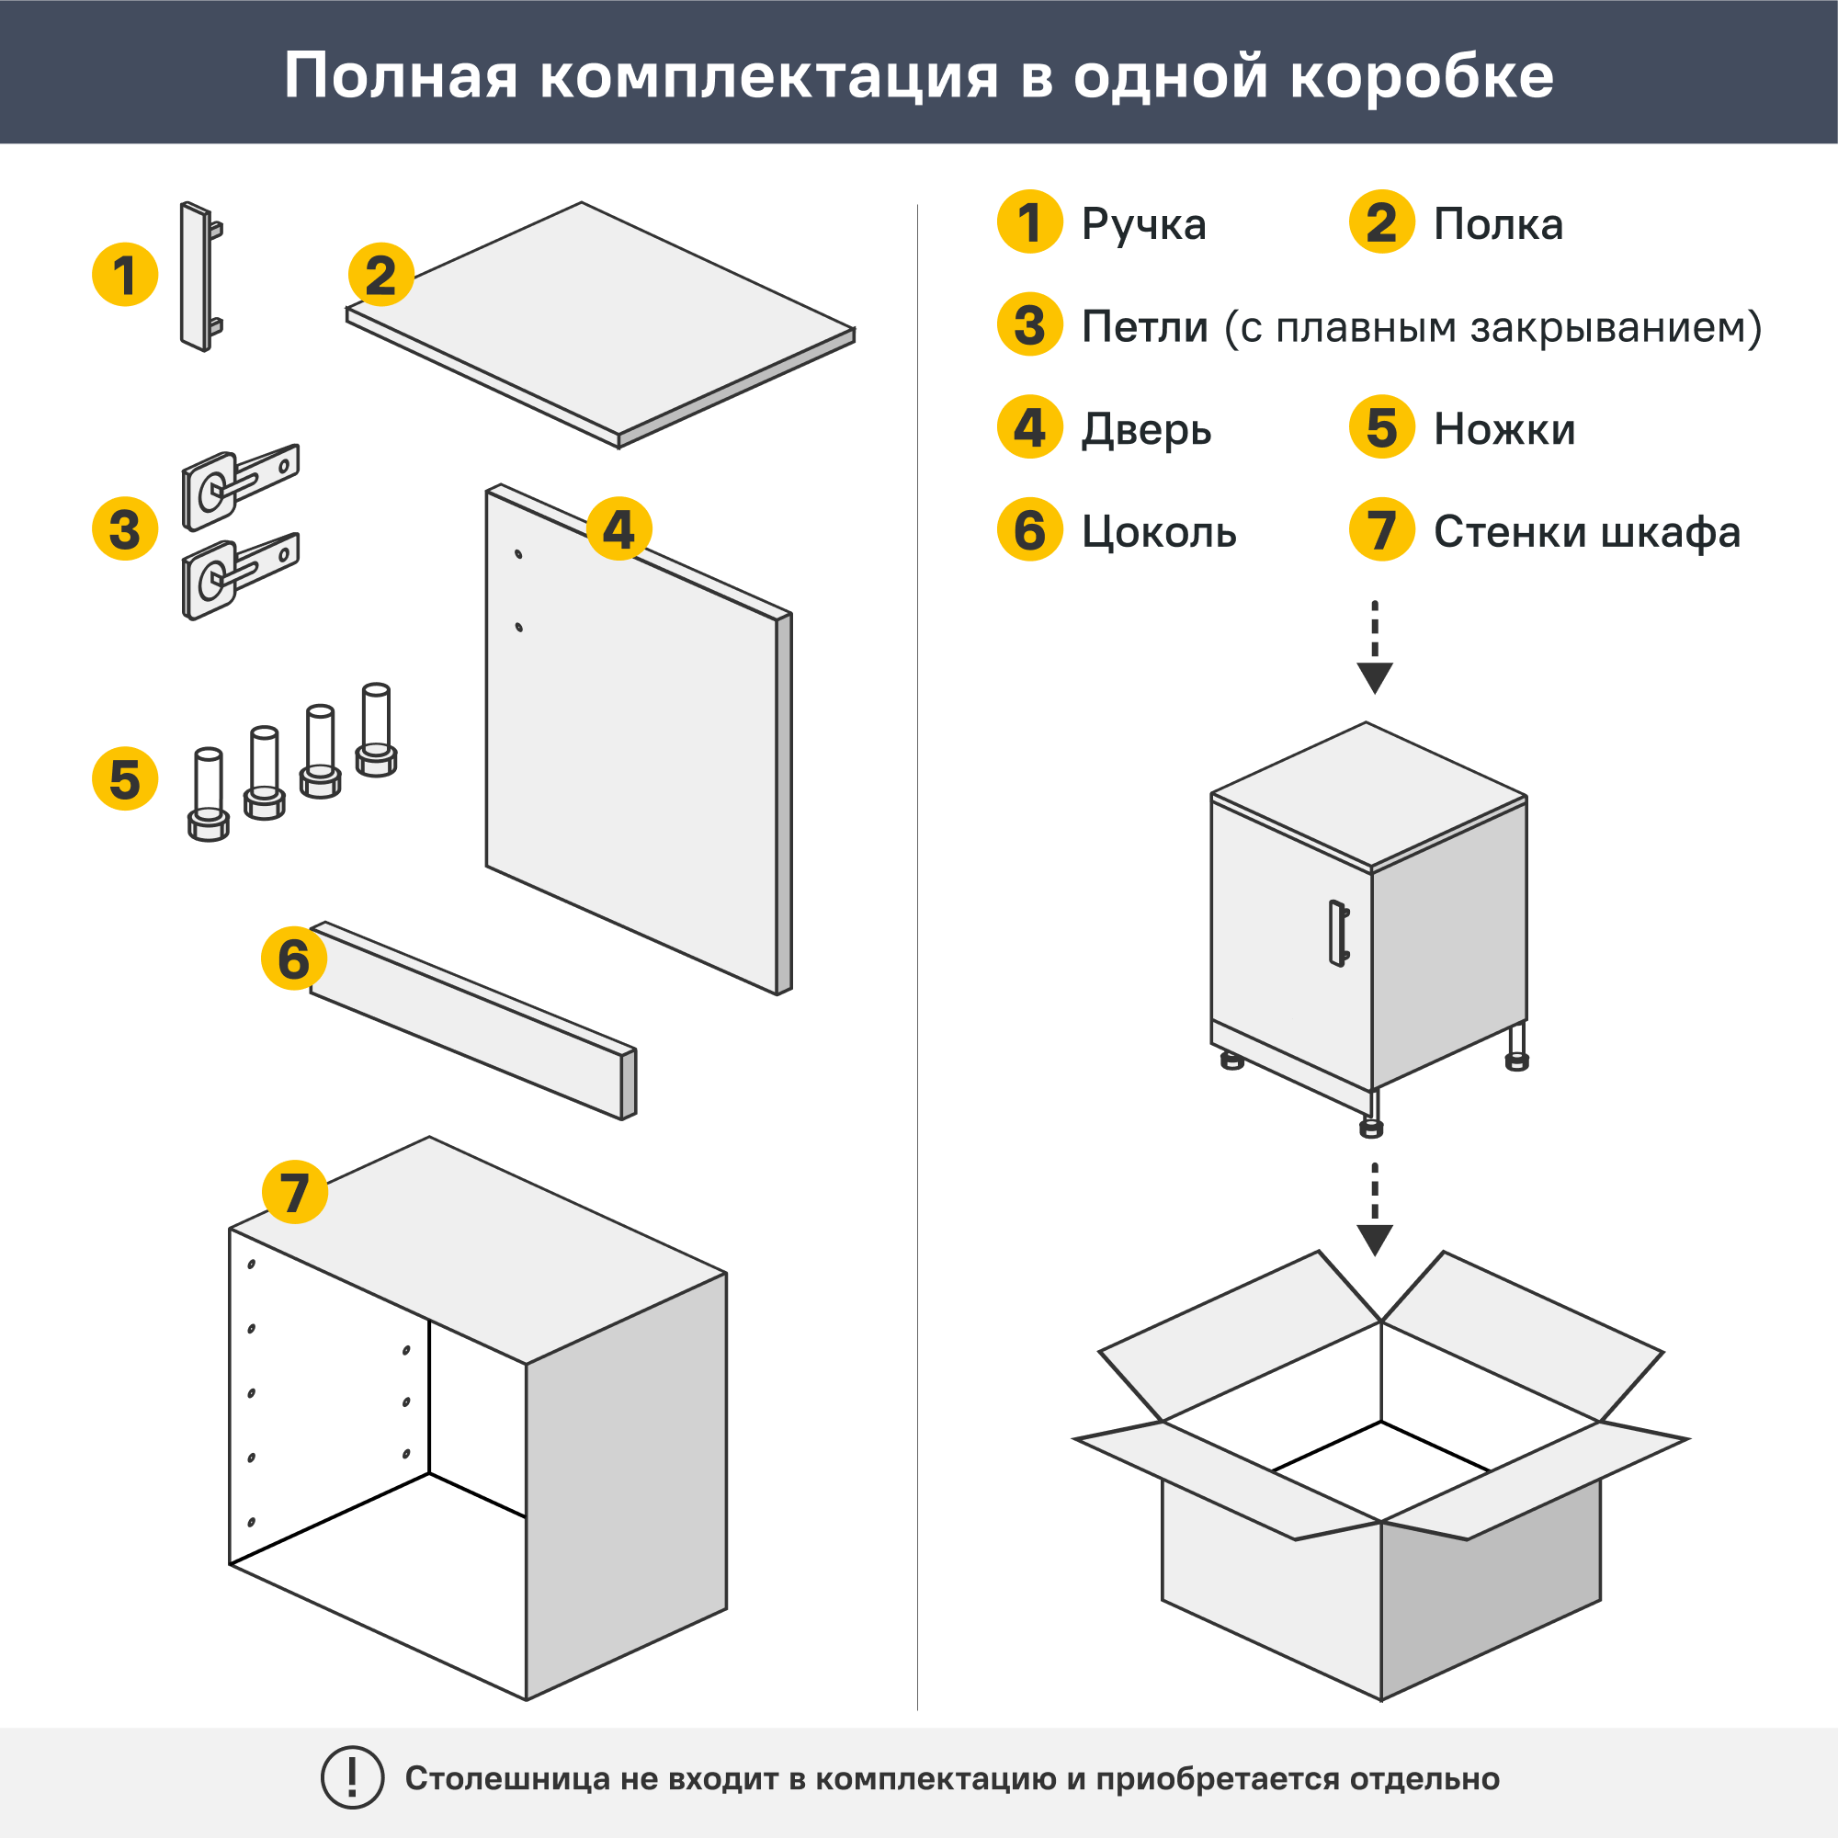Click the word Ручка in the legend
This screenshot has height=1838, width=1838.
click(x=1143, y=225)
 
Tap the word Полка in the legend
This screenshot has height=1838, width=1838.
click(x=1497, y=225)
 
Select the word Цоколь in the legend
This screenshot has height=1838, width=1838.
click(x=1159, y=532)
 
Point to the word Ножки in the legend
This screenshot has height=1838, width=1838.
click(x=1504, y=429)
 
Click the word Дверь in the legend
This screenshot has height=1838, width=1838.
click(x=1146, y=430)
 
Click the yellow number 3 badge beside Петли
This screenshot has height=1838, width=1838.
click(x=1029, y=325)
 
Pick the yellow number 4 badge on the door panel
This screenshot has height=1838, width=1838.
click(x=618, y=529)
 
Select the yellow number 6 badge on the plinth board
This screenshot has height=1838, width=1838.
click(x=293, y=958)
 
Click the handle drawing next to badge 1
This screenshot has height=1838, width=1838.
click(x=197, y=277)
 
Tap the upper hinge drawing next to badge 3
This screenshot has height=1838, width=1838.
click(x=238, y=487)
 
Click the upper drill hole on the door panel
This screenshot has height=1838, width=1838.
click(x=518, y=553)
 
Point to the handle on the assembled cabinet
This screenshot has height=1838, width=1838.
click(x=1337, y=934)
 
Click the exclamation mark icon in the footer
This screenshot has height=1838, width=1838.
click(x=352, y=1777)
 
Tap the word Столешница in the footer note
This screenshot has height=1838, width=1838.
click(x=507, y=1779)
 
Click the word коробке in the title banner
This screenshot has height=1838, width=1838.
click(x=1422, y=76)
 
